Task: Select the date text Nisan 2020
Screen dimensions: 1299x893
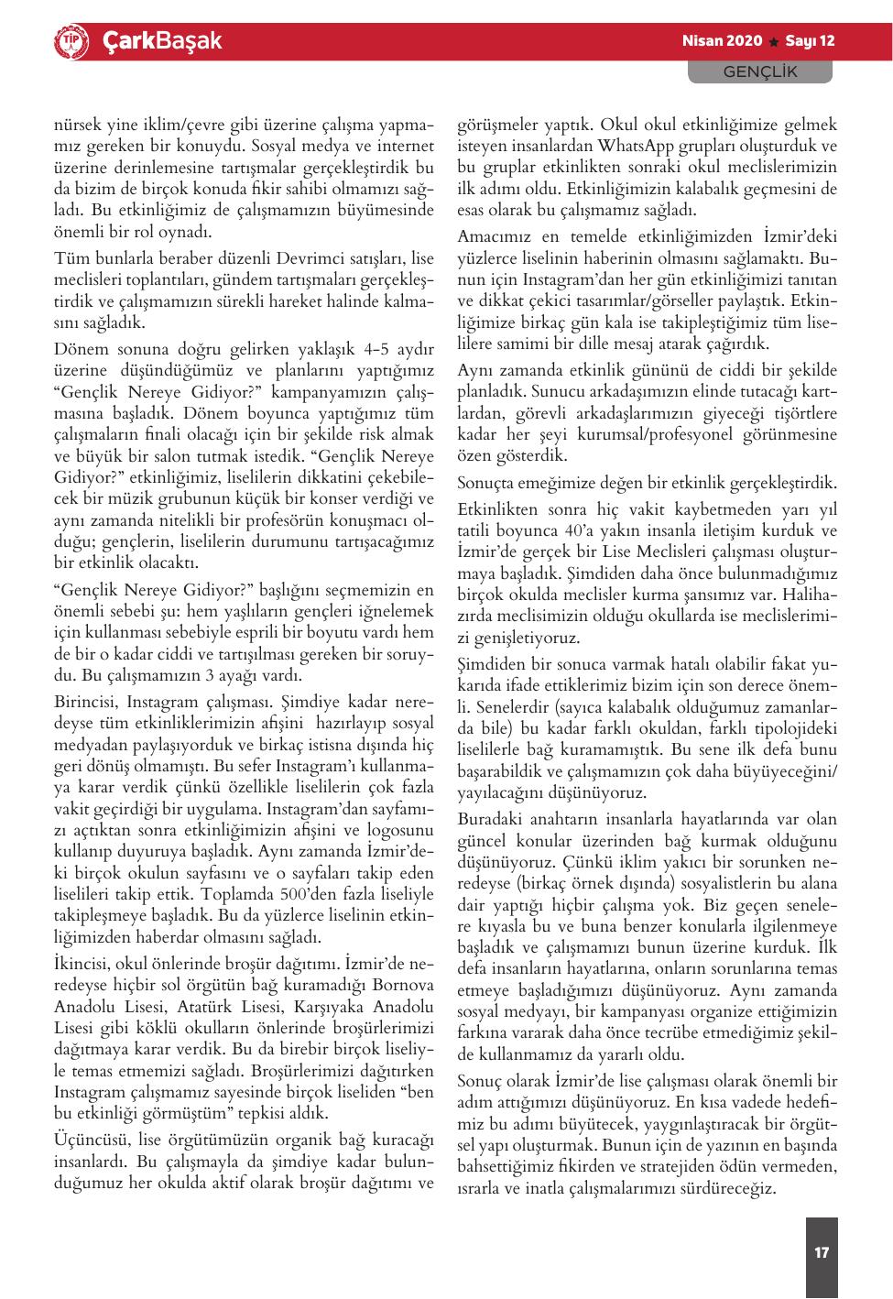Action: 723,41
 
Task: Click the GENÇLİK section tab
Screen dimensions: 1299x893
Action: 760,71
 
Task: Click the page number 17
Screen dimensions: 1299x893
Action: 822,1252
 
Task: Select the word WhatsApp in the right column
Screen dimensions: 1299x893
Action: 634,146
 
